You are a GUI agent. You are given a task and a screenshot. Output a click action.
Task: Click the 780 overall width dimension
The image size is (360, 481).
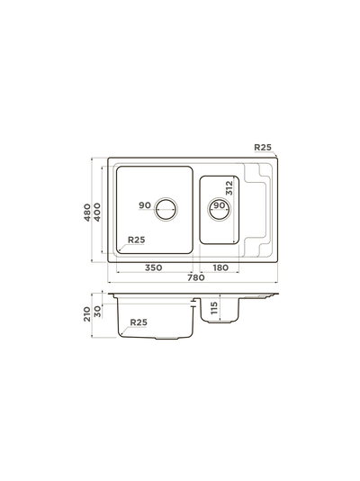[196, 277]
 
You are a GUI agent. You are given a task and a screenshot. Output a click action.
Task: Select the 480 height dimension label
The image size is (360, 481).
[87, 213]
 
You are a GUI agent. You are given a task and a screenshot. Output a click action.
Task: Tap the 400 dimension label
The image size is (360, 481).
[97, 213]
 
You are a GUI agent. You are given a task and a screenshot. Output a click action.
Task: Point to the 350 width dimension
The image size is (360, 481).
[153, 268]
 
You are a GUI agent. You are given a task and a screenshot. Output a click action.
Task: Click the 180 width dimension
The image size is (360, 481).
[220, 268]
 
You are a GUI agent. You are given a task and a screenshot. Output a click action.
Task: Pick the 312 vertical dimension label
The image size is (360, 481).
[229, 188]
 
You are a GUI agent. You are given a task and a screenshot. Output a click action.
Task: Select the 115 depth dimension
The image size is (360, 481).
[214, 308]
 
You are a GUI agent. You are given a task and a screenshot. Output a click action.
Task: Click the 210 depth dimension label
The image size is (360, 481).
[87, 314]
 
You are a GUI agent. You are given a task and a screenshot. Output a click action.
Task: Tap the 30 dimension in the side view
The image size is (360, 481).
[97, 312]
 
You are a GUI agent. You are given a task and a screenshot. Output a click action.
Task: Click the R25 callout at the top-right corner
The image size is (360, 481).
[263, 147]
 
